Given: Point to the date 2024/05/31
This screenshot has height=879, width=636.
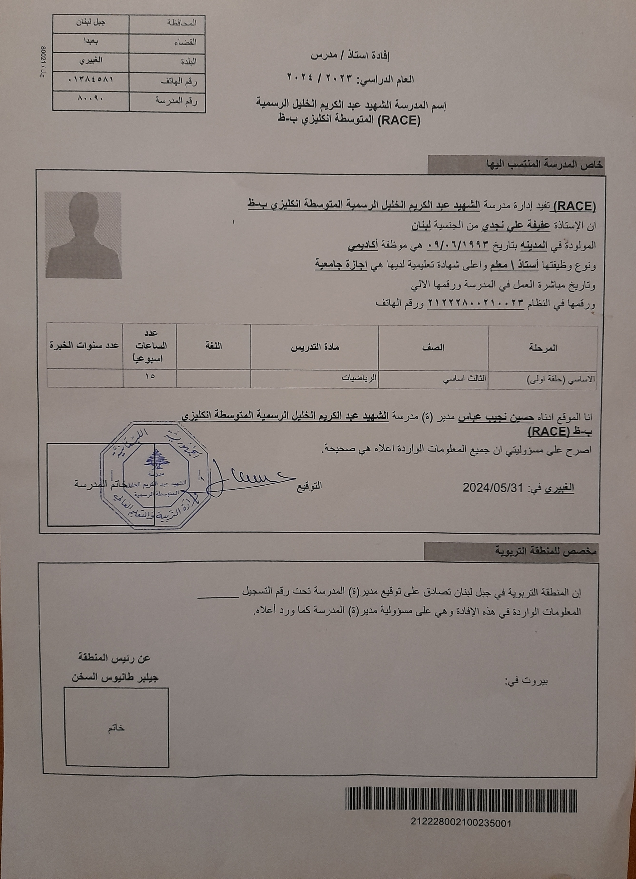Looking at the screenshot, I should [493, 487].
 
